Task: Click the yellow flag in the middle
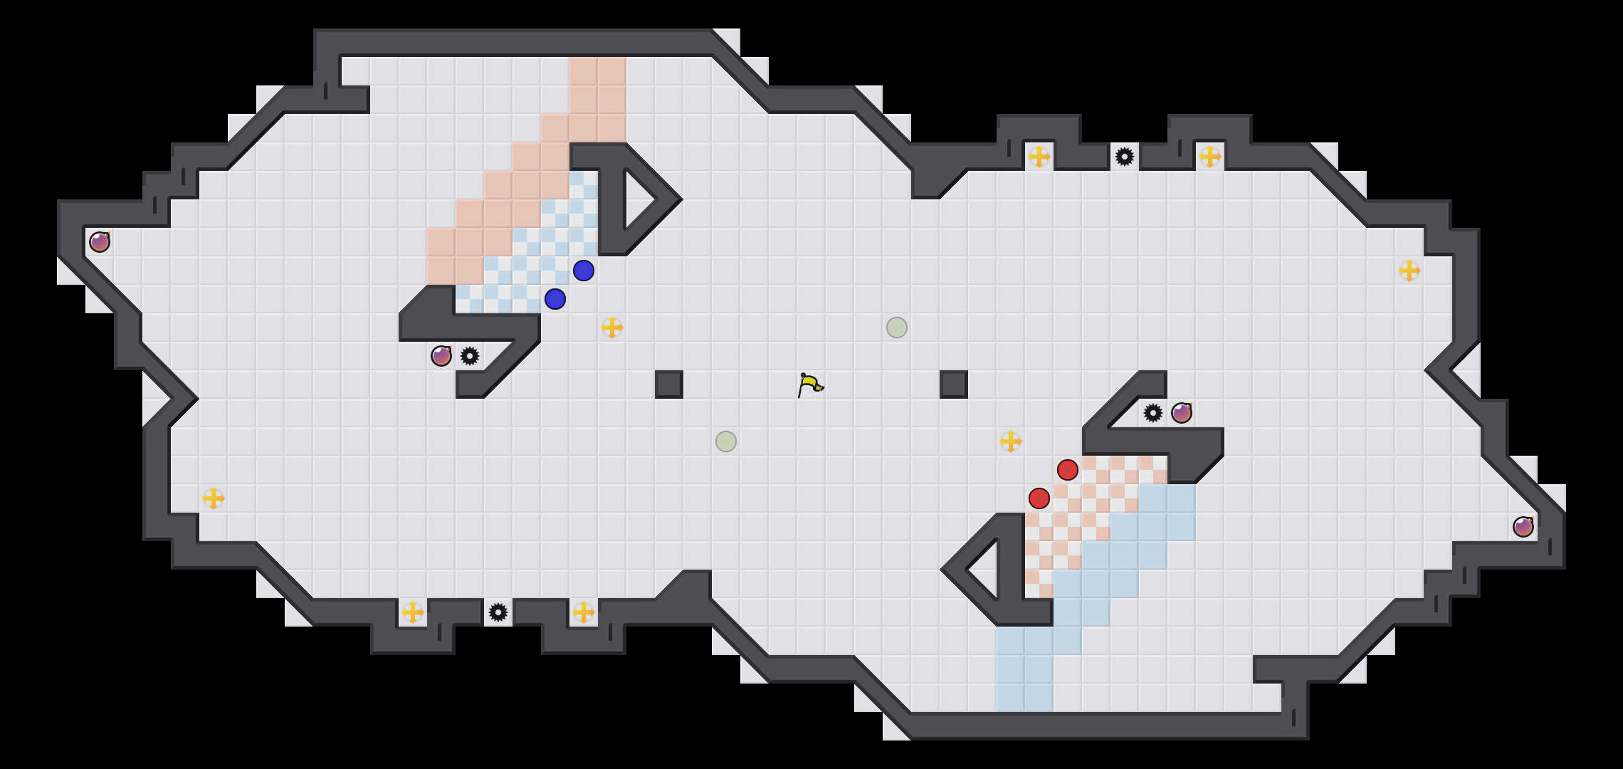click(809, 384)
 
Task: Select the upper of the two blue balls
click(584, 271)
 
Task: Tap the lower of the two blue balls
click(555, 299)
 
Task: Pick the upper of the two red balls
click(1068, 470)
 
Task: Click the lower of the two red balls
click(1039, 498)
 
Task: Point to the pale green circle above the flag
click(897, 328)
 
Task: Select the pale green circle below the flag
click(726, 441)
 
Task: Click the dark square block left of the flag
click(669, 384)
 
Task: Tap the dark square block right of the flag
click(954, 384)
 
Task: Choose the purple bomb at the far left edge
click(100, 242)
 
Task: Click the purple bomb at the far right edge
click(1523, 527)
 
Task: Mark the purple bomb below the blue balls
click(441, 356)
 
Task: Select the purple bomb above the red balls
click(1182, 413)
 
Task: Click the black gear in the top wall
click(1125, 157)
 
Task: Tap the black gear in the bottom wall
click(498, 612)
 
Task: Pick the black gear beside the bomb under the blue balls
click(470, 356)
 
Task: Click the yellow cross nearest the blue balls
click(612, 328)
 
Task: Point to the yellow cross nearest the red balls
click(1011, 441)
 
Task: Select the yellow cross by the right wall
click(1409, 271)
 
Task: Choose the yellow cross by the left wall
click(214, 498)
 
